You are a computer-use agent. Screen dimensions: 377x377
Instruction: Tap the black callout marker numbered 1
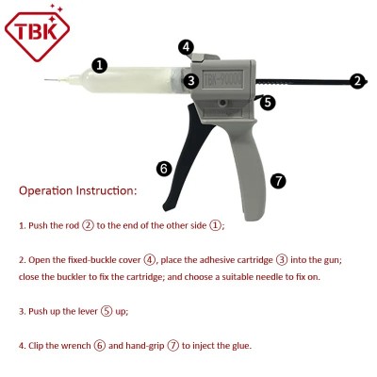(99, 65)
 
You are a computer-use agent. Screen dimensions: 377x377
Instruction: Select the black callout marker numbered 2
(357, 81)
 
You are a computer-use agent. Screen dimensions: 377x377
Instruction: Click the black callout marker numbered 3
(191, 81)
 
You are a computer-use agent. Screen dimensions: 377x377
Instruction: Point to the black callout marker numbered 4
(187, 46)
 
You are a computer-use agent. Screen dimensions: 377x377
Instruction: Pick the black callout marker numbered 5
(268, 102)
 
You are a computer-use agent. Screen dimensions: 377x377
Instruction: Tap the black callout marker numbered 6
(164, 169)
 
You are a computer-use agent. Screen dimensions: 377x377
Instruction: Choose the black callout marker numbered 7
(277, 179)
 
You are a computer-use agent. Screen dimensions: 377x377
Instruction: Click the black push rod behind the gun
(311, 82)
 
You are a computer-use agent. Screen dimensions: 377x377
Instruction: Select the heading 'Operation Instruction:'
(77, 190)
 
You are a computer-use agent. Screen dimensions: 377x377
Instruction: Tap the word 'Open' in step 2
(42, 259)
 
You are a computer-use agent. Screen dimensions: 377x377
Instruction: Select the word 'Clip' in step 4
(38, 345)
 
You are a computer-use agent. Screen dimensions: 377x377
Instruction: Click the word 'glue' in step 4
(242, 345)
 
